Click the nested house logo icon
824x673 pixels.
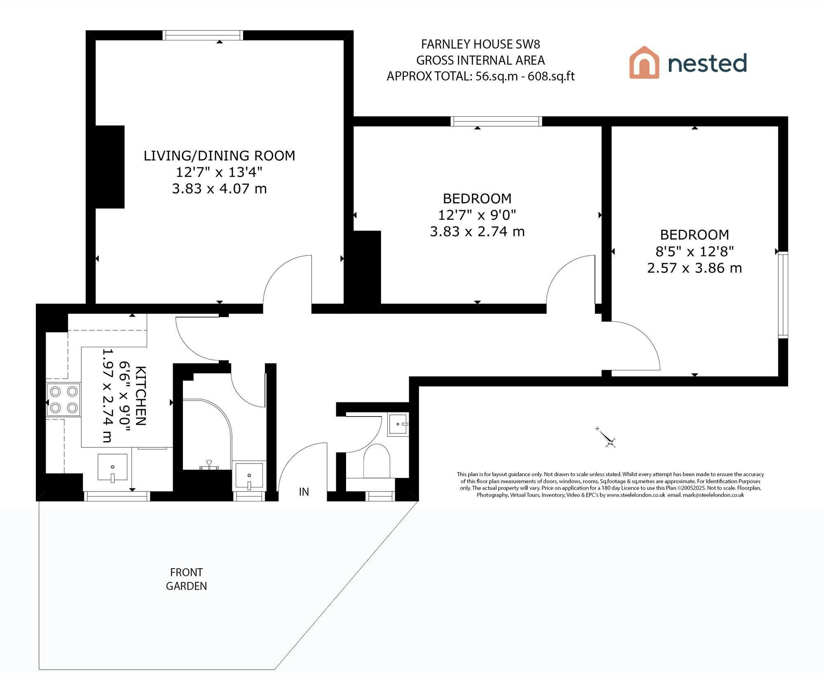tap(644, 62)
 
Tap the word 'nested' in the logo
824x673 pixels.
tap(707, 63)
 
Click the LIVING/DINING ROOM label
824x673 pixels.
tap(219, 155)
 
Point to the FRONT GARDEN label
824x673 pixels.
tap(186, 579)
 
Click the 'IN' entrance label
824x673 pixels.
tap(304, 492)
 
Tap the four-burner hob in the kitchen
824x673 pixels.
tap(63, 400)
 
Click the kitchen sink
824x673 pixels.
tap(112, 468)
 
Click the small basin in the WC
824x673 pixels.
tap(398, 424)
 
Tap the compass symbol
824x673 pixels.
tap(606, 438)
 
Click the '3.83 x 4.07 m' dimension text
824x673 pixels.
tap(219, 188)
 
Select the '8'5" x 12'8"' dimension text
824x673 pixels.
tap(695, 251)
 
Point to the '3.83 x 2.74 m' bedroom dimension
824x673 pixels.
tap(477, 231)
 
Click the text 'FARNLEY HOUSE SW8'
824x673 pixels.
tap(480, 44)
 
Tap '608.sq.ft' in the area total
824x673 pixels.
tap(551, 76)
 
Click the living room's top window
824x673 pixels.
tap(203, 35)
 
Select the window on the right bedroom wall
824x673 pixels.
tap(783, 295)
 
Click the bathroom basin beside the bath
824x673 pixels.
tap(249, 476)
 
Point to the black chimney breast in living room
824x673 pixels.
tap(110, 167)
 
